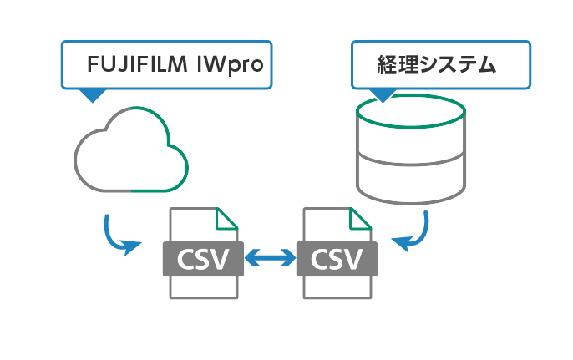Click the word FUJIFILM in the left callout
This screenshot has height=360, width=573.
139,64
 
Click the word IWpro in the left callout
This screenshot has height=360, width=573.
230,64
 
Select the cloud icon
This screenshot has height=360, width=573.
131,150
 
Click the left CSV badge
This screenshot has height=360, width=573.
202,258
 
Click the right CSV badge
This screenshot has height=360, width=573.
337,258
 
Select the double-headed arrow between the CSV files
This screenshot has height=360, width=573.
270,259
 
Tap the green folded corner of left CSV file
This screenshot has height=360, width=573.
226,219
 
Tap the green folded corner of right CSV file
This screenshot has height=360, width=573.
359,219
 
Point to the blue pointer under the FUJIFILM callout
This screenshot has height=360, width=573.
91,94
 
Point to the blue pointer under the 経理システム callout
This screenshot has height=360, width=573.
383,94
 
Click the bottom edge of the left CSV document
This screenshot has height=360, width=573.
203,297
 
